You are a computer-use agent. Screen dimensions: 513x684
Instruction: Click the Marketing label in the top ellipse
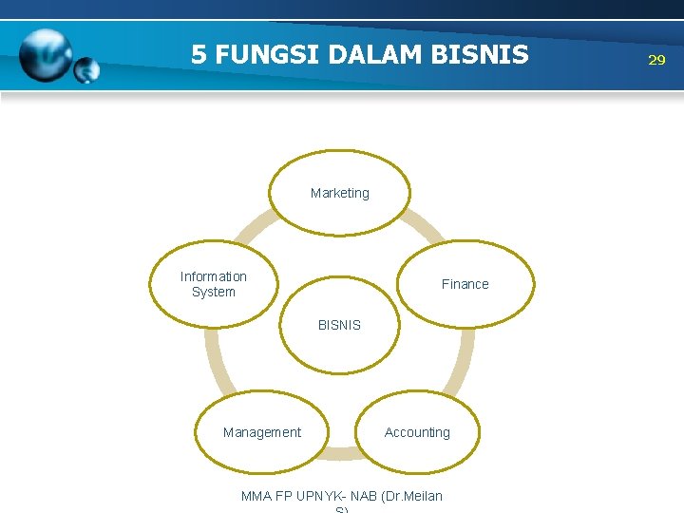tap(339, 193)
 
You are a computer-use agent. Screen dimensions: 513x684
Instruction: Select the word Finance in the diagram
tap(465, 284)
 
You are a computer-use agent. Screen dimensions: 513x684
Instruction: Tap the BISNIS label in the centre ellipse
tap(339, 325)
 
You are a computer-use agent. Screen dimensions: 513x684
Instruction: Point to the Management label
tap(261, 432)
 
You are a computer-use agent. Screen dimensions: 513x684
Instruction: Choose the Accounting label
tap(417, 432)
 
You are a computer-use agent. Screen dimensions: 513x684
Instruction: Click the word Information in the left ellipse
tap(214, 276)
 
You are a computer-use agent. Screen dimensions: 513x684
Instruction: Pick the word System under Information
tap(214, 292)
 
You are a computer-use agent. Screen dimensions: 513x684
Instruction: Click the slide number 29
tap(656, 60)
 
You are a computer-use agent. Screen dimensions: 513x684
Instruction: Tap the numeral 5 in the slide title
tap(199, 54)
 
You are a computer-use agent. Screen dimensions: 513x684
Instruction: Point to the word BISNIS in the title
tap(480, 54)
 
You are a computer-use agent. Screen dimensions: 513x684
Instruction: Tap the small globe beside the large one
tap(86, 69)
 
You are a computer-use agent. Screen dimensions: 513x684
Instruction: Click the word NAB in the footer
tap(364, 496)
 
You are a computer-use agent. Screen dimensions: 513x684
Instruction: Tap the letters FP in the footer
tap(284, 496)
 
